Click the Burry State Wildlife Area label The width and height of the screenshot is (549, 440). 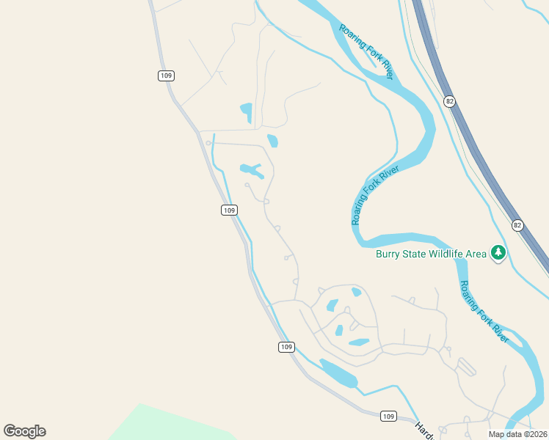(x=431, y=254)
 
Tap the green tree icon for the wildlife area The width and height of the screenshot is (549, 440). (x=499, y=253)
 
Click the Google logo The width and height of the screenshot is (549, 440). (x=24, y=431)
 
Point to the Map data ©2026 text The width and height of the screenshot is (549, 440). (x=517, y=434)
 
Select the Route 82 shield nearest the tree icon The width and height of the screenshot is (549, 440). (x=518, y=225)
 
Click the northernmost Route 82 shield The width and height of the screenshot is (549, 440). (x=449, y=100)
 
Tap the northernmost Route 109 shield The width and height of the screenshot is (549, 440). (x=165, y=76)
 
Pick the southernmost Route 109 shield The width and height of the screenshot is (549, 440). (x=389, y=416)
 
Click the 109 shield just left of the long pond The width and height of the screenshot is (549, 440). (x=286, y=346)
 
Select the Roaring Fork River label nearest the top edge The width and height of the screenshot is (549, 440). (x=367, y=51)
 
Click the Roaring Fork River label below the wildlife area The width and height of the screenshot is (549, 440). (x=484, y=311)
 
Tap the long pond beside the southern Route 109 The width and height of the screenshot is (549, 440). (x=338, y=373)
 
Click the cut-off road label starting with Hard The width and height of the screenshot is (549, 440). (x=424, y=430)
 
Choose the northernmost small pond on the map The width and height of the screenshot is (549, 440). (x=247, y=112)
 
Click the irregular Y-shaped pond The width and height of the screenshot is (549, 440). (x=252, y=171)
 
